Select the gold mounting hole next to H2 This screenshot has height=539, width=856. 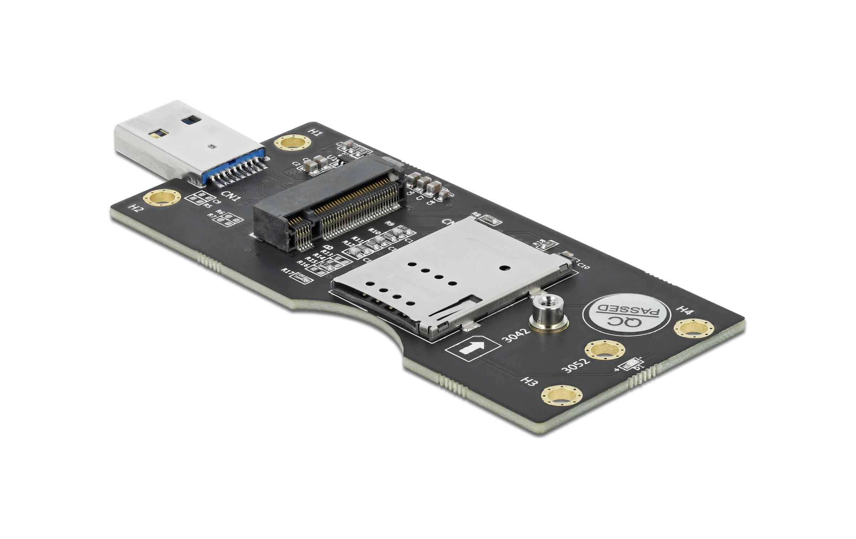(162, 198)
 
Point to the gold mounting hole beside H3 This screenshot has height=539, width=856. (561, 396)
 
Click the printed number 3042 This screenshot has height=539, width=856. (516, 335)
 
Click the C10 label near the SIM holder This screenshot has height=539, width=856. (583, 266)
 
